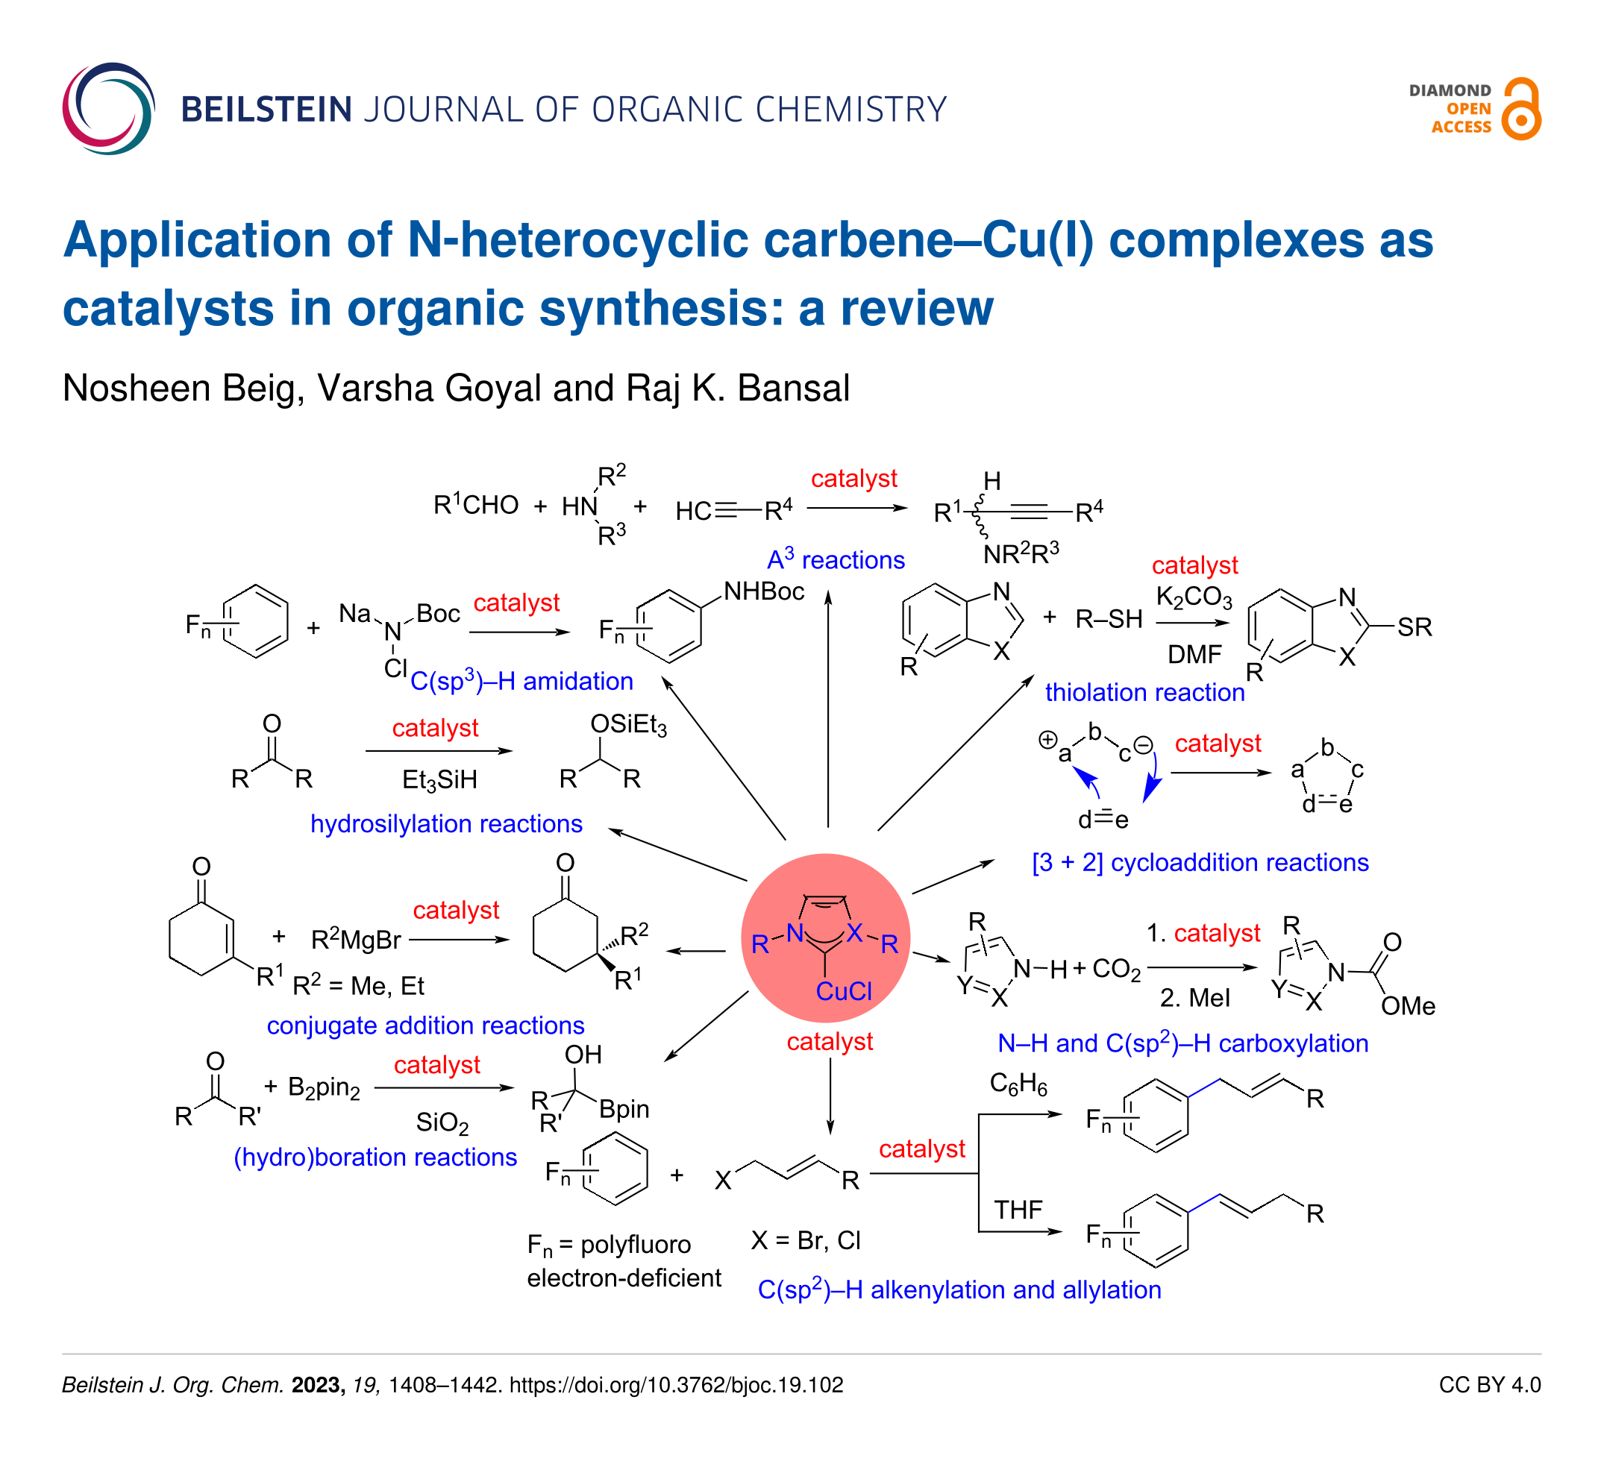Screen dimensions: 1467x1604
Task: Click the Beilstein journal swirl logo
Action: coord(108,108)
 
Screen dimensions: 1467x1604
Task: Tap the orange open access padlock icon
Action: coord(1520,110)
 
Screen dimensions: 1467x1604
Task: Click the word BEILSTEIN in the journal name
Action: coord(266,110)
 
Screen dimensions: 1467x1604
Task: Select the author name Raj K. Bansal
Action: coord(738,389)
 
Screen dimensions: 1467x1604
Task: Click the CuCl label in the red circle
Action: coord(843,991)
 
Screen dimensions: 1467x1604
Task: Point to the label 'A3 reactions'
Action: coord(836,559)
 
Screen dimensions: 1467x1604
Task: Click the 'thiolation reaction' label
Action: coord(1144,692)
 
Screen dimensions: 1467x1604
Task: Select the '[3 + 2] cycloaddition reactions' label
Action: coord(1200,862)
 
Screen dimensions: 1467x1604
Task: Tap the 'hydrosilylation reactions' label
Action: coord(445,823)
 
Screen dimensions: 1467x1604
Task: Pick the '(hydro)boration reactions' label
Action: coord(375,1157)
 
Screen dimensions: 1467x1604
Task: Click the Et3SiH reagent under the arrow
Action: coord(439,780)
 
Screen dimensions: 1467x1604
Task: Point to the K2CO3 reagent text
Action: coord(1194,597)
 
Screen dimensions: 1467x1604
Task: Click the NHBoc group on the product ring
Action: coord(763,591)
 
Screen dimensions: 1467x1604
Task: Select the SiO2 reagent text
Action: coord(442,1122)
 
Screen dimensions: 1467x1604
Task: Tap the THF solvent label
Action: coord(1018,1210)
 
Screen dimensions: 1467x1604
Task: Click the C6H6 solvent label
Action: coord(1018,1084)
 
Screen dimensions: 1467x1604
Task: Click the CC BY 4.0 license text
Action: coord(1489,1385)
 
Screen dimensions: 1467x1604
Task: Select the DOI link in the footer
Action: coord(675,1385)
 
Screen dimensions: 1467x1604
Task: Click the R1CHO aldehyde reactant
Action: coord(475,504)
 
